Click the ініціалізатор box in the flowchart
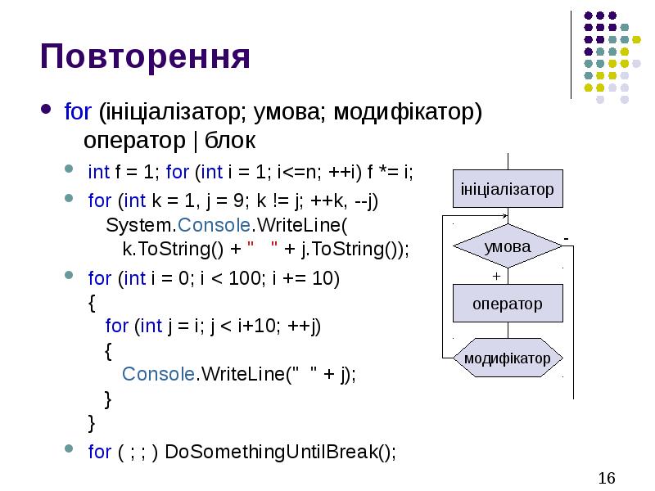pyautogui.click(x=508, y=189)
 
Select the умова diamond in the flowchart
pyautogui.click(x=508, y=246)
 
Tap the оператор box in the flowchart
pyautogui.click(x=508, y=304)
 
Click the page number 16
pyautogui.click(x=607, y=478)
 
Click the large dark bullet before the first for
pyautogui.click(x=46, y=110)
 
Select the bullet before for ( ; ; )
pyautogui.click(x=70, y=450)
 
